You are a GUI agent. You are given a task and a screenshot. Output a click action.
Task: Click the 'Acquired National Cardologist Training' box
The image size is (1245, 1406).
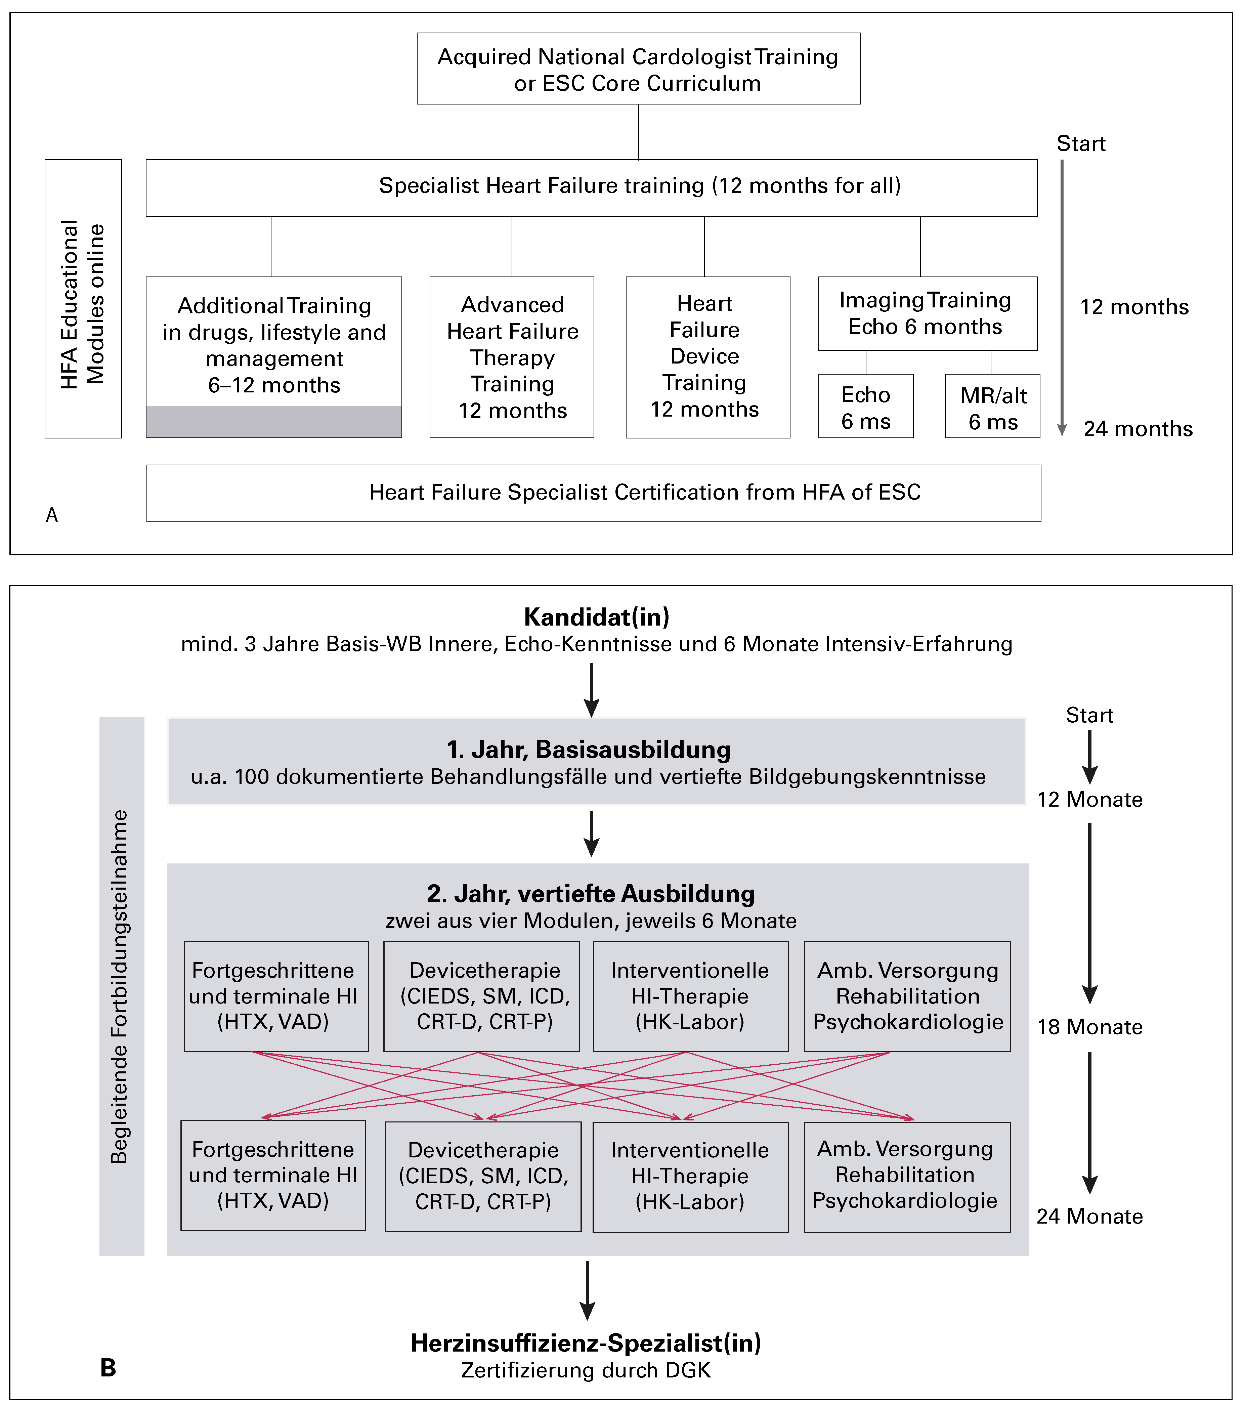tap(638, 69)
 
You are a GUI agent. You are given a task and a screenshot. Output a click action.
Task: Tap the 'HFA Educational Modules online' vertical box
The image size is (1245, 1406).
tap(83, 299)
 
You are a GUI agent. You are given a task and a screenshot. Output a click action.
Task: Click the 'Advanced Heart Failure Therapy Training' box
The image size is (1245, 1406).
tap(512, 357)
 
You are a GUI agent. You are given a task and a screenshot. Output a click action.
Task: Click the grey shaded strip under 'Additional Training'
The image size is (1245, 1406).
tap(274, 421)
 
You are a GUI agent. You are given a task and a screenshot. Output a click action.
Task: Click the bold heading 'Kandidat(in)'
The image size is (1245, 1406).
tap(596, 617)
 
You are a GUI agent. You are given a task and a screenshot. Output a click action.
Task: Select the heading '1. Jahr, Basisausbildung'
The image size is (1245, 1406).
tap(588, 749)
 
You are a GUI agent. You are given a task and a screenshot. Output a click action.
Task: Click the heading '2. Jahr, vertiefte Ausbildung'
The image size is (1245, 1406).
tap(590, 894)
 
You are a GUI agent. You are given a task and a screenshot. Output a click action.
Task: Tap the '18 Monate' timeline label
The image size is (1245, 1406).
tap(1089, 1027)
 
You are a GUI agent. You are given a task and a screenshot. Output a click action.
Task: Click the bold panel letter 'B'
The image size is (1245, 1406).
tap(108, 1367)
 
